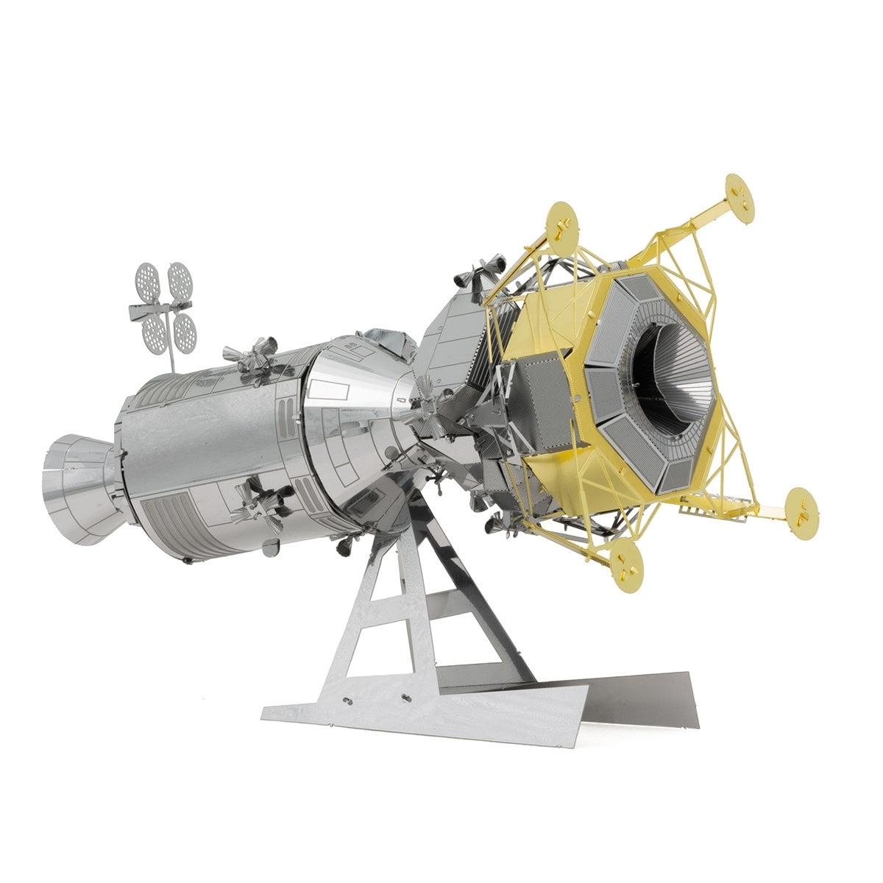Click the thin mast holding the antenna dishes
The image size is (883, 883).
tap(170, 353)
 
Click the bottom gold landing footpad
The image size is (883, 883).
tap(626, 556)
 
